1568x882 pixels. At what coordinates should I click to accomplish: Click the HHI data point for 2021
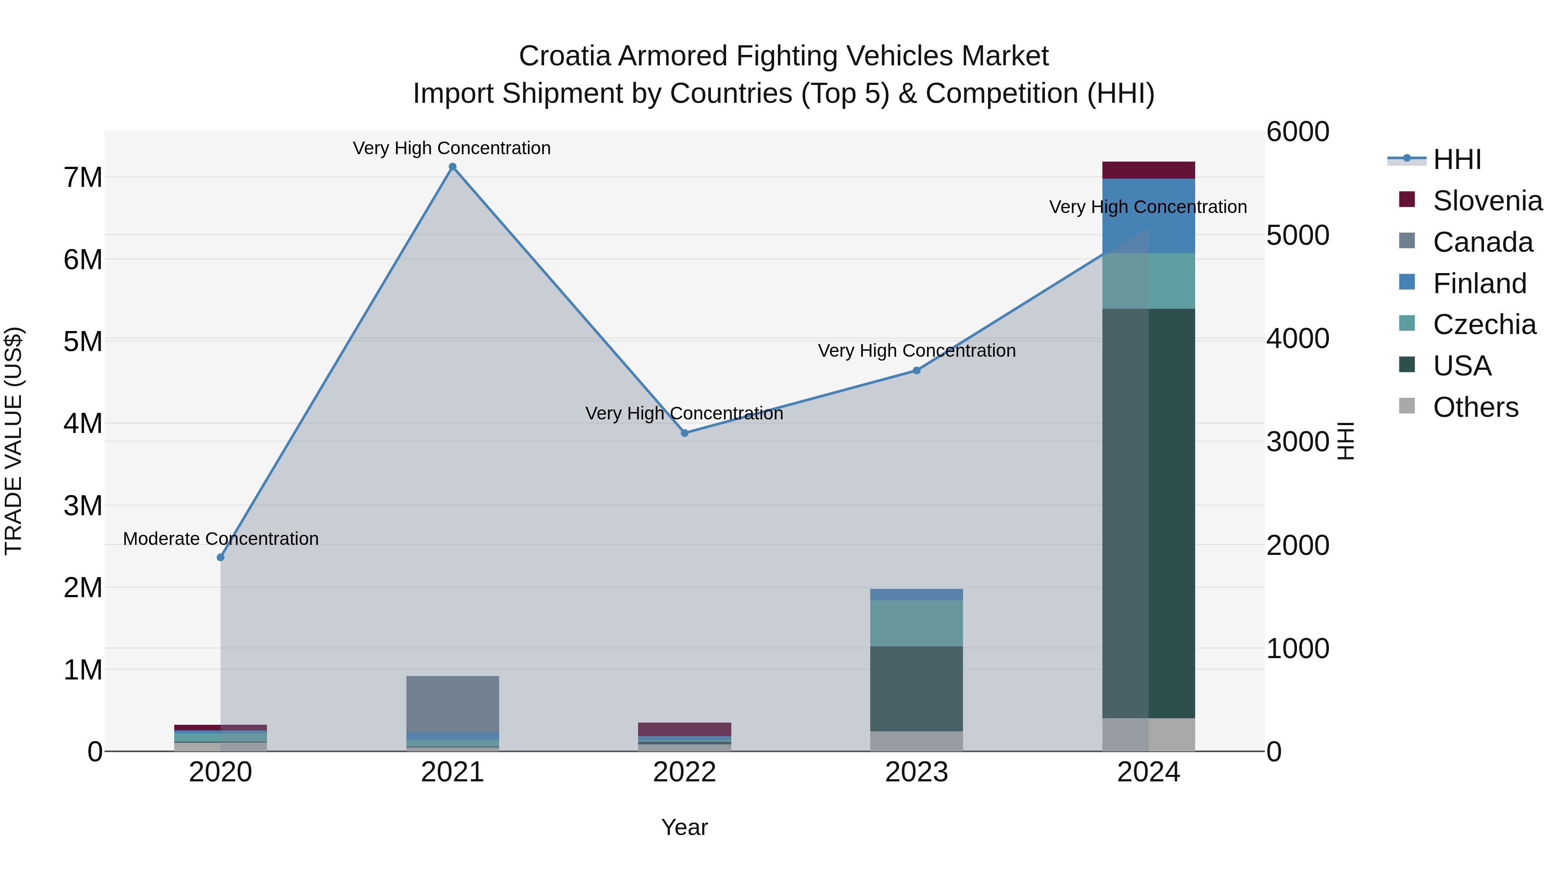tap(452, 167)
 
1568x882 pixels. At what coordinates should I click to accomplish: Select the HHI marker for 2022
tap(684, 433)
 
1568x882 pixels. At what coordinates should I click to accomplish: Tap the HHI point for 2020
tap(220, 557)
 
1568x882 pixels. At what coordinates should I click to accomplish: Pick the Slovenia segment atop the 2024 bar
tap(1148, 170)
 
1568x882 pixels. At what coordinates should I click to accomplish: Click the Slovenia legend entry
tap(1487, 201)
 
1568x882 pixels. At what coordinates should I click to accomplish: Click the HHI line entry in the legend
tap(1456, 159)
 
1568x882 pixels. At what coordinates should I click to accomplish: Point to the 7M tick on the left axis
tap(83, 178)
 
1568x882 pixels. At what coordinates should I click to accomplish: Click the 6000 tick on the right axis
tap(1298, 132)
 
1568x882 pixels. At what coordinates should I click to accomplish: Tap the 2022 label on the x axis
tap(684, 772)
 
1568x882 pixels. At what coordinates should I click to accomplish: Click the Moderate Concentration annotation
tap(220, 539)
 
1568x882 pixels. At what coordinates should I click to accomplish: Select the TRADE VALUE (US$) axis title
tap(14, 441)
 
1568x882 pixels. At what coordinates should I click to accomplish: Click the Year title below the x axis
tap(684, 827)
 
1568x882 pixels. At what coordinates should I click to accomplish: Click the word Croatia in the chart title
tap(564, 56)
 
